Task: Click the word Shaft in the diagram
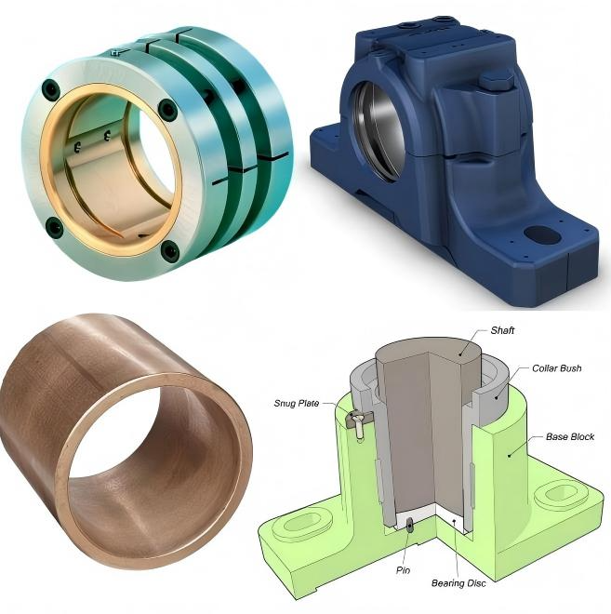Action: pyautogui.click(x=502, y=330)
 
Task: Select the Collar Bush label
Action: pyautogui.click(x=557, y=368)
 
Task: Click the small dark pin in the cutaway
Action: pyautogui.click(x=410, y=527)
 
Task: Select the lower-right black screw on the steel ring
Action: pyautogui.click(x=169, y=250)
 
